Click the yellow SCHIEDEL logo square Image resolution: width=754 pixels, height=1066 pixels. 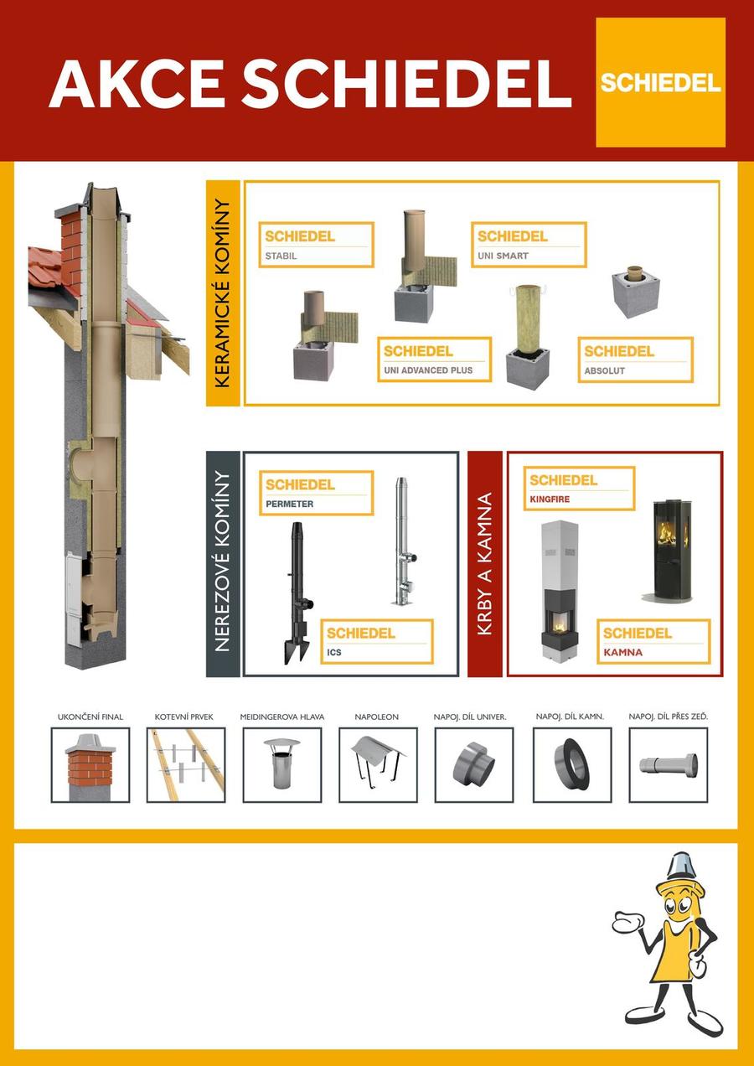click(660, 82)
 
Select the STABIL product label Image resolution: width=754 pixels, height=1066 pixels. click(317, 245)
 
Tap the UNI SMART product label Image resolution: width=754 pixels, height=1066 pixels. click(529, 245)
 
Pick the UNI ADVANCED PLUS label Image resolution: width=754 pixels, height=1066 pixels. click(434, 360)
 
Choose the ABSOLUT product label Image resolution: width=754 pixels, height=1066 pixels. click(636, 360)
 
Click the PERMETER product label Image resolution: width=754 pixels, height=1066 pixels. click(317, 493)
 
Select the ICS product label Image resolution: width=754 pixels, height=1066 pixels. click(377, 641)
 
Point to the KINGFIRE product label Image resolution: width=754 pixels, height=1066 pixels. click(580, 489)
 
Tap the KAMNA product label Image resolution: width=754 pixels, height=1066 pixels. click(653, 641)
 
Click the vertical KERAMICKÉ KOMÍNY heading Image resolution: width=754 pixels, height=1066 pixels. click(223, 293)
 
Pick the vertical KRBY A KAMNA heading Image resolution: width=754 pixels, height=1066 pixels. click(485, 564)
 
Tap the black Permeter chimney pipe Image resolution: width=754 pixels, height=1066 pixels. click(297, 593)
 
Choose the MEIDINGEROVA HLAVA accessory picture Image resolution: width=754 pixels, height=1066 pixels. click(282, 765)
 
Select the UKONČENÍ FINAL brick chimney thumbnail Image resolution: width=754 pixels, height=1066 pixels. click(90, 765)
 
